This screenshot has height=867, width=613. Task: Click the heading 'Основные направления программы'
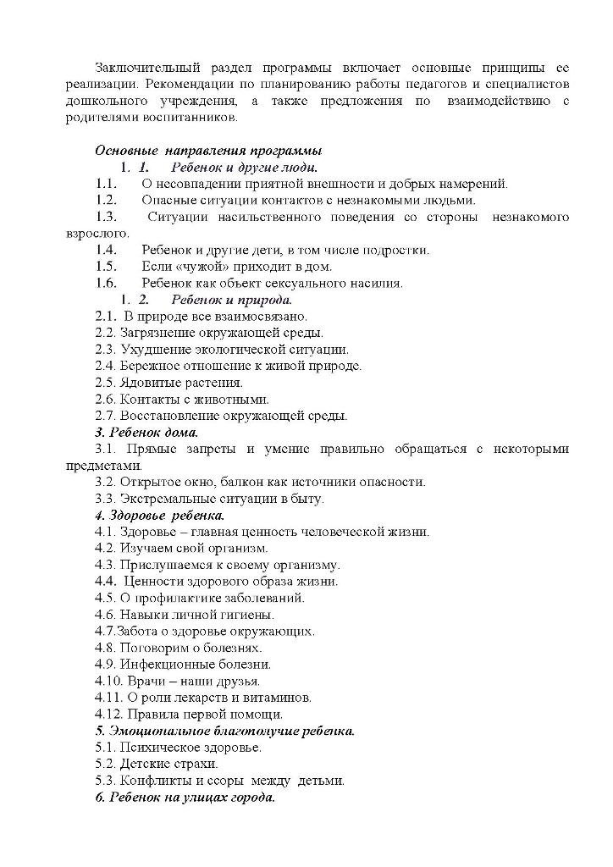208,151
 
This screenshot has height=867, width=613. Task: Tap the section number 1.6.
106,283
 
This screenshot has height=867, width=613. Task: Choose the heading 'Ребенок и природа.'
232,300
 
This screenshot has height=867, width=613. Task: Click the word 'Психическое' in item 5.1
156,748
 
